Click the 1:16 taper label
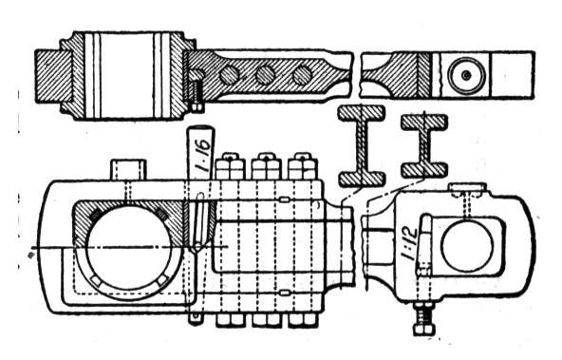coord(202,155)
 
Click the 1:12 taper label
coord(409,243)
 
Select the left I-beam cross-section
coord(362,146)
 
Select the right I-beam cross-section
coord(424,146)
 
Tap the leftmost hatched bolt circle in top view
coord(229,75)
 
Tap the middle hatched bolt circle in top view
coord(266,75)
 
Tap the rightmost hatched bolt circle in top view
coord(302,75)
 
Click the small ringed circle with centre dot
coord(466,75)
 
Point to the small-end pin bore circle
coord(467,244)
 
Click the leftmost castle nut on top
coord(230,167)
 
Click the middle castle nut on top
coord(266,167)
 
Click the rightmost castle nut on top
coord(302,167)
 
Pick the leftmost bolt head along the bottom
coord(230,321)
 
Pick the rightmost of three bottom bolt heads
coord(302,321)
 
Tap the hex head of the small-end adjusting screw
coord(424,330)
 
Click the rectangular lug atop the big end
coord(129,170)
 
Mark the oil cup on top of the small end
coord(468,189)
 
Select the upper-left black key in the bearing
coord(95,215)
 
